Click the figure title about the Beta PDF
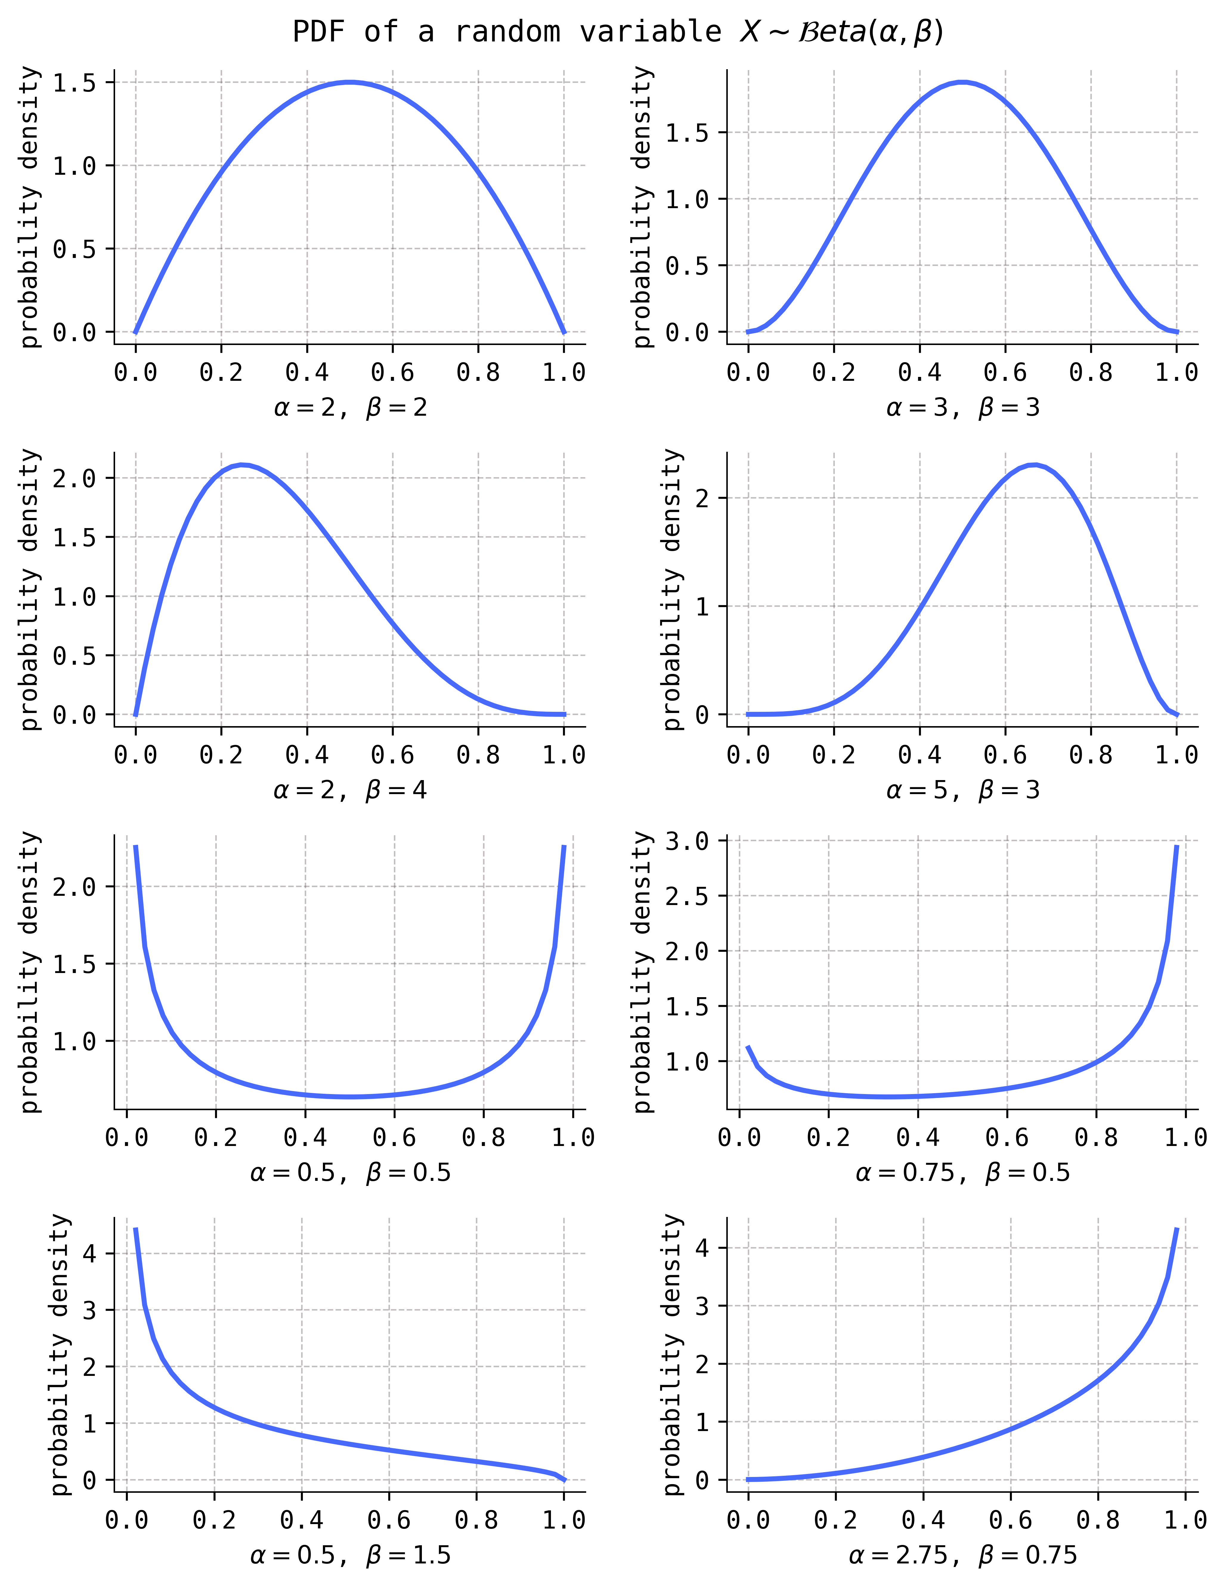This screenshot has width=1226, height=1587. (x=618, y=32)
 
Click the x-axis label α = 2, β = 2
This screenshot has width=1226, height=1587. (x=350, y=408)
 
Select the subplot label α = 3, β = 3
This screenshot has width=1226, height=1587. (x=963, y=408)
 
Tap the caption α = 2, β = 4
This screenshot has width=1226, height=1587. (x=350, y=790)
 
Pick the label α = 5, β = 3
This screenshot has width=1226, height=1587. (x=963, y=790)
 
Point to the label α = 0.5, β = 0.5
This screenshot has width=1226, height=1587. (x=350, y=1172)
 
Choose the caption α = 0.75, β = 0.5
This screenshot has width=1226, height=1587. (x=963, y=1172)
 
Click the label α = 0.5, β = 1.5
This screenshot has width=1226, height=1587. (x=350, y=1555)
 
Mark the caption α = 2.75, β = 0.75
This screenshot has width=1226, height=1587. (x=963, y=1555)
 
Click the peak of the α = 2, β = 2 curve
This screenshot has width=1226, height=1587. (x=350, y=82)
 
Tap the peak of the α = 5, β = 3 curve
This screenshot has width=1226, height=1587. (x=1035, y=465)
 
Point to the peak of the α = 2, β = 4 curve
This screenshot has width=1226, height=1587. (x=243, y=465)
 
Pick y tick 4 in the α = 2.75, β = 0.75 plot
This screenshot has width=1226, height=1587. (x=702, y=1248)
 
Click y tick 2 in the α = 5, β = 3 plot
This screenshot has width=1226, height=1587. (x=702, y=499)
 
